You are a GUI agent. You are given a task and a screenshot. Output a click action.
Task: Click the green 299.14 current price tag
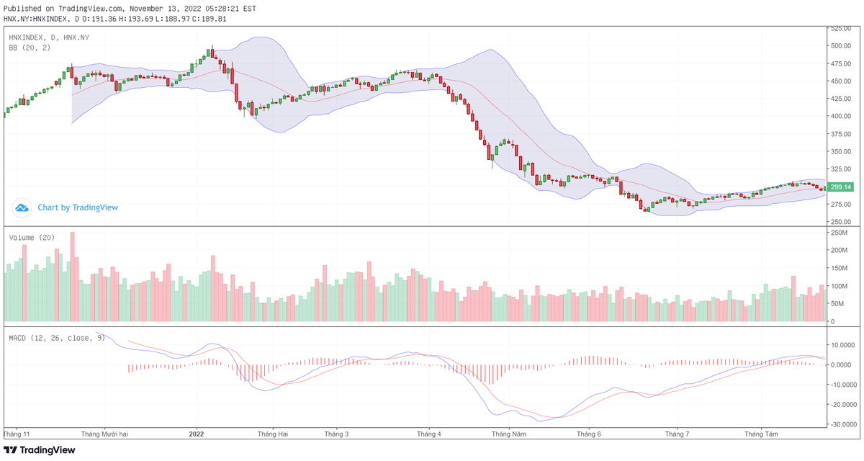pos(840,187)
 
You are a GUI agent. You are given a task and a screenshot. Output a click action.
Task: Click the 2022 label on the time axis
pos(197,434)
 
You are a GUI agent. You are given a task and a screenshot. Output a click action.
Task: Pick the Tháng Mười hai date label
pos(104,434)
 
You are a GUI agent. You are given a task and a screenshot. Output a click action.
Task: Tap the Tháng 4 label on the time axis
pos(428,434)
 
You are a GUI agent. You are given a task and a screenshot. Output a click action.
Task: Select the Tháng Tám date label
pos(761,434)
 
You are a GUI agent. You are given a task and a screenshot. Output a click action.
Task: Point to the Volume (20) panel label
pos(32,237)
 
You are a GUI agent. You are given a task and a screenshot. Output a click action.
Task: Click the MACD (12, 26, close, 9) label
pos(56,337)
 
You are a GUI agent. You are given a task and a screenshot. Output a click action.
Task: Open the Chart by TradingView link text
pos(78,207)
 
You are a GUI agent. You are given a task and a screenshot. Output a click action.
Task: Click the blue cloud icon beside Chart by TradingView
pos(22,207)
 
